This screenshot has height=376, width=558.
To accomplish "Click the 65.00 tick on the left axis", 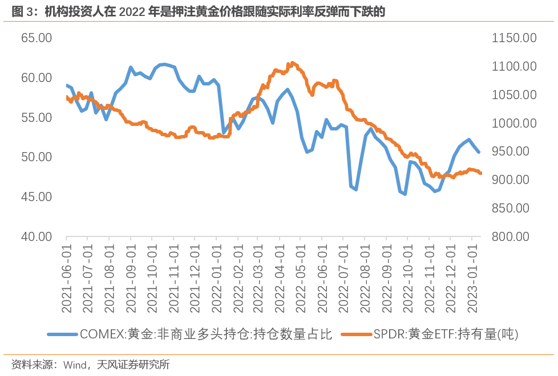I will (37, 38).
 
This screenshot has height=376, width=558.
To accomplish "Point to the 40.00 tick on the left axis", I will (37, 236).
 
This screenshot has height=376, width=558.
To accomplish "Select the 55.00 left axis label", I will (37, 118).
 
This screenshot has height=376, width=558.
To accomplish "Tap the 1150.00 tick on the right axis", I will (513, 38).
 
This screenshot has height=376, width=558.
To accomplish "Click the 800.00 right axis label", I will (513, 236).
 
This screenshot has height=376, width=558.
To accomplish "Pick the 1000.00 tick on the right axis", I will (513, 123).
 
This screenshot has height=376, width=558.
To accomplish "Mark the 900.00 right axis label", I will (513, 180).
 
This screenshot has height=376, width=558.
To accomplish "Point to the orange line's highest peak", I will (293, 63).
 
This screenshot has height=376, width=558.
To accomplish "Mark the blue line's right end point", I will (479, 152).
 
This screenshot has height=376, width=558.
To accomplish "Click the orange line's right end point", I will (480, 173).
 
